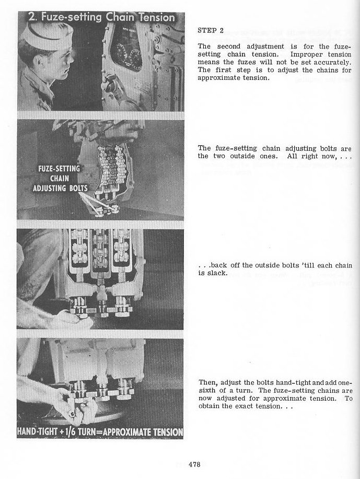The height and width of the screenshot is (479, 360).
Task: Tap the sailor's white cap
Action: (x=40, y=31)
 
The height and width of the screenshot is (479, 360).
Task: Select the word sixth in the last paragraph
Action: (x=207, y=390)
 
